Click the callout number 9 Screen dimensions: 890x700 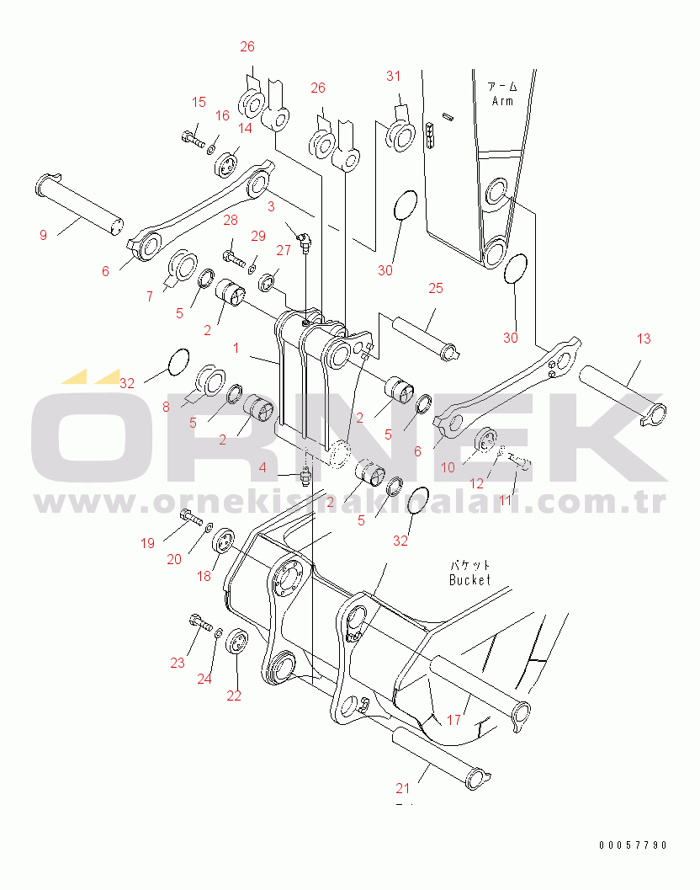[43, 236]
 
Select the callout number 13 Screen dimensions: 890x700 [643, 339]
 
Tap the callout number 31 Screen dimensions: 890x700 [394, 77]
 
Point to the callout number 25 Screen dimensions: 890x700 [435, 289]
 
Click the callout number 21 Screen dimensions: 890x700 [403, 789]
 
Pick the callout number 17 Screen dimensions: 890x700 [453, 720]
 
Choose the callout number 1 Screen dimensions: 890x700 [236, 348]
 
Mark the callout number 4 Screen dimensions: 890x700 [262, 467]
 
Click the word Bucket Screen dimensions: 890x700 [469, 580]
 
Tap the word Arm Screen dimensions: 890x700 [502, 101]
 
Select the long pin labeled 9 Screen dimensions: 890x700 [80, 202]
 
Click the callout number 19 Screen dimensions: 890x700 [147, 544]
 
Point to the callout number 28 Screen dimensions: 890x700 [231, 221]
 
